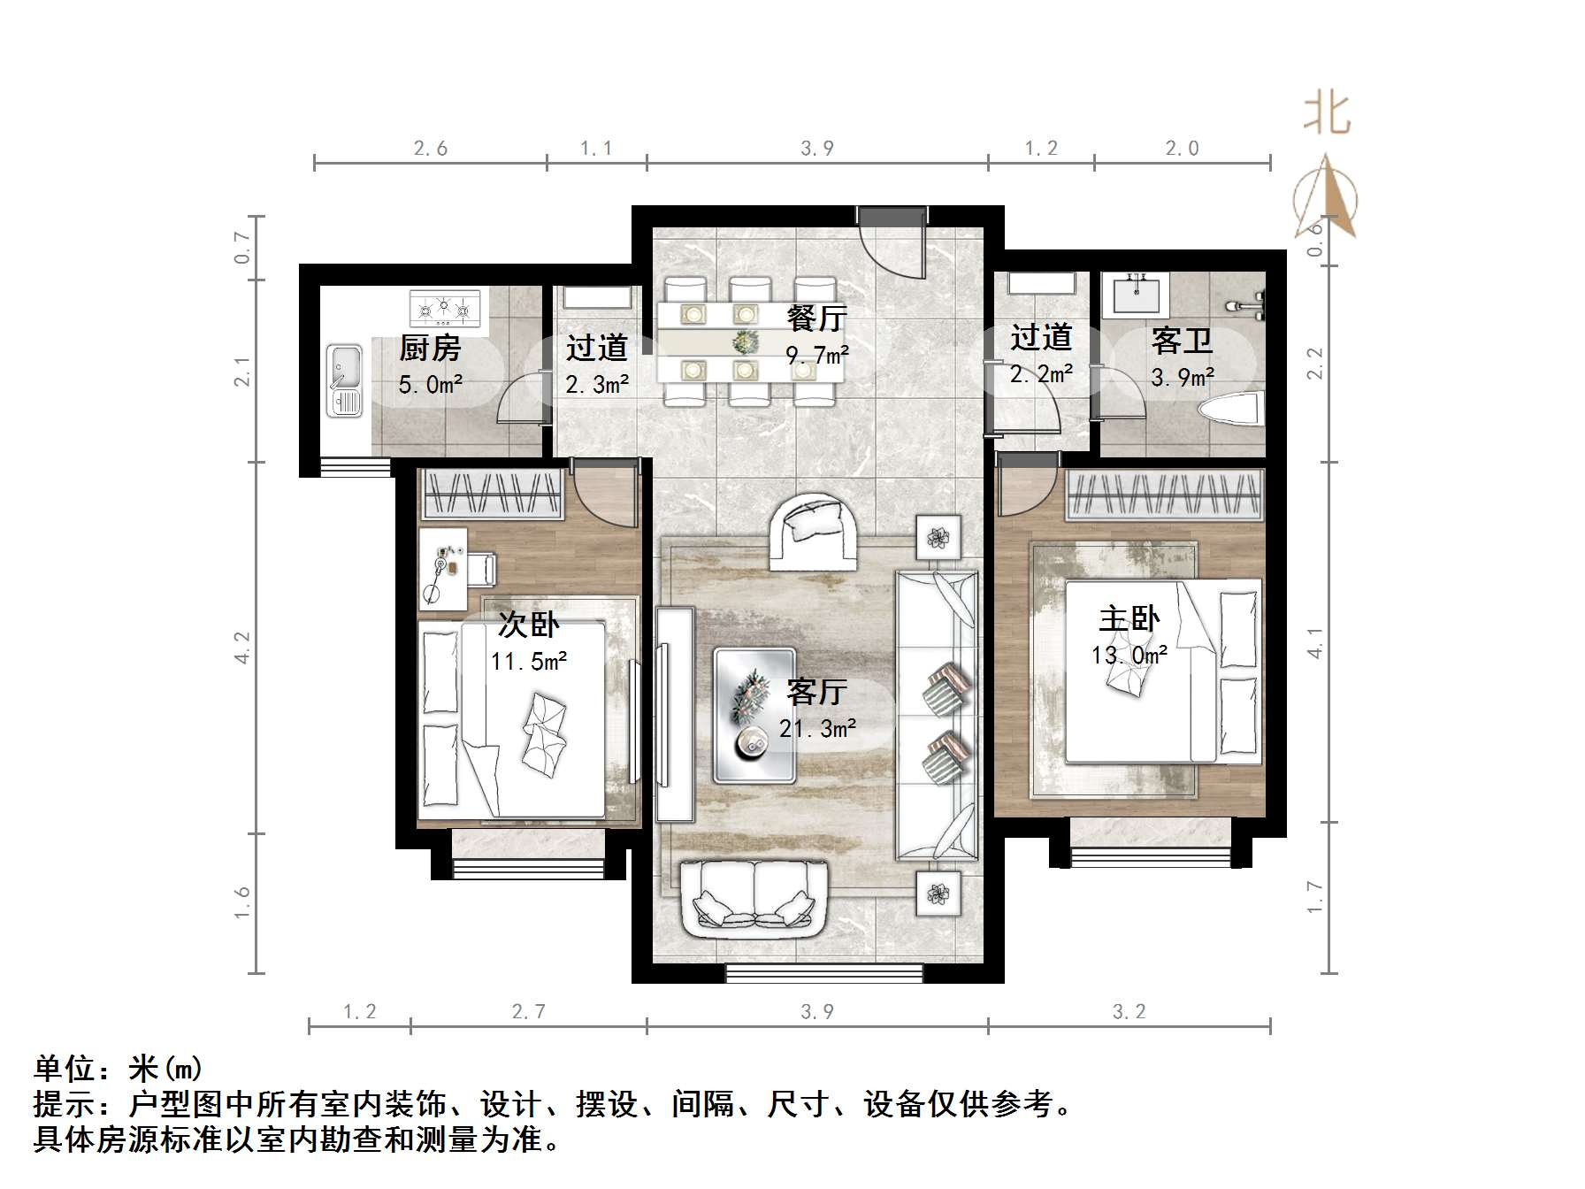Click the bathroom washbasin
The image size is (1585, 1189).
(1137, 293)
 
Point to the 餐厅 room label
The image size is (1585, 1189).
(816, 318)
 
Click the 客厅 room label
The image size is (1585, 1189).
(816, 692)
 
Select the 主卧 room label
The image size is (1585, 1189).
(1129, 618)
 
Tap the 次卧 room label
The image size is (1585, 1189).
(528, 625)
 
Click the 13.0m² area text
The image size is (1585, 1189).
(1129, 656)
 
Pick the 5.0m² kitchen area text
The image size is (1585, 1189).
(431, 385)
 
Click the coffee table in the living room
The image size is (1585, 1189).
(754, 716)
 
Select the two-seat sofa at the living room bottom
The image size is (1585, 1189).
(754, 900)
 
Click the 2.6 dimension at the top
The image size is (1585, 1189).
(431, 149)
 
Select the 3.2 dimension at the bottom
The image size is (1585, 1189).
(1129, 1011)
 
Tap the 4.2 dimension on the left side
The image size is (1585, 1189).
(242, 647)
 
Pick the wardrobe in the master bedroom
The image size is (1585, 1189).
(1163, 495)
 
